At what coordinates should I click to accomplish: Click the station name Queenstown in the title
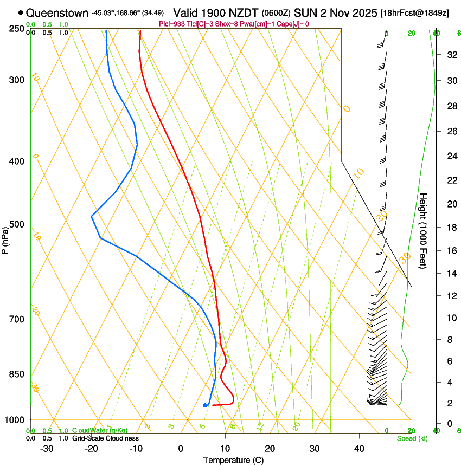click(x=57, y=12)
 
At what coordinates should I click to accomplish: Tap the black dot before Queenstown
click(x=21, y=12)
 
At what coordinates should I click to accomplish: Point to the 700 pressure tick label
click(x=16, y=319)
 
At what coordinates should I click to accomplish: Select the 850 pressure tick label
click(x=16, y=374)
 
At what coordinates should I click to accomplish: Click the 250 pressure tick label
click(x=16, y=28)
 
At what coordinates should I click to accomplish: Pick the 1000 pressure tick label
click(x=15, y=420)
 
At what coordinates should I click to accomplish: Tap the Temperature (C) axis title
click(x=233, y=461)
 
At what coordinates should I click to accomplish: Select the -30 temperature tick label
click(x=47, y=448)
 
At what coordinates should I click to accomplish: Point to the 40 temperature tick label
click(x=359, y=448)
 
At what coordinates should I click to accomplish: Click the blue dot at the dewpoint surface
click(x=205, y=405)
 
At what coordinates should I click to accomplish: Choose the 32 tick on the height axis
click(x=450, y=55)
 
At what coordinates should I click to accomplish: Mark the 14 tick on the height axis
click(x=450, y=274)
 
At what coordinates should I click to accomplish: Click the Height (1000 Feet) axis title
click(x=424, y=230)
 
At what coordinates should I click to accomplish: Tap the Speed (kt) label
click(x=412, y=438)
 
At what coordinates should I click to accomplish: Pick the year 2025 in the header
click(x=363, y=12)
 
